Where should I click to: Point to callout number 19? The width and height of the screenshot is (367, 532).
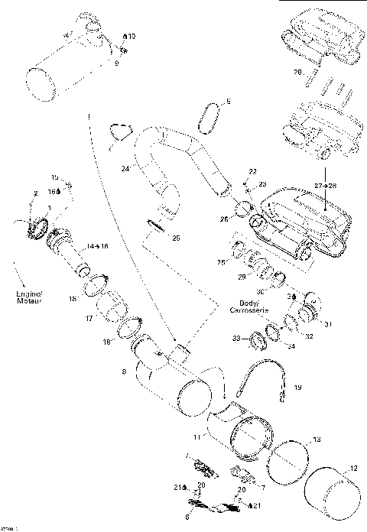(297, 388)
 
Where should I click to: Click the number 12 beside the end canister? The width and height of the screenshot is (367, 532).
(352, 469)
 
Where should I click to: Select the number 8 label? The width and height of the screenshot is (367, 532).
(124, 372)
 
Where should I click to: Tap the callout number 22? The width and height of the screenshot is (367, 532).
(253, 171)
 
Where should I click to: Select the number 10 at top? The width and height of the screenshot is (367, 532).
(132, 37)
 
